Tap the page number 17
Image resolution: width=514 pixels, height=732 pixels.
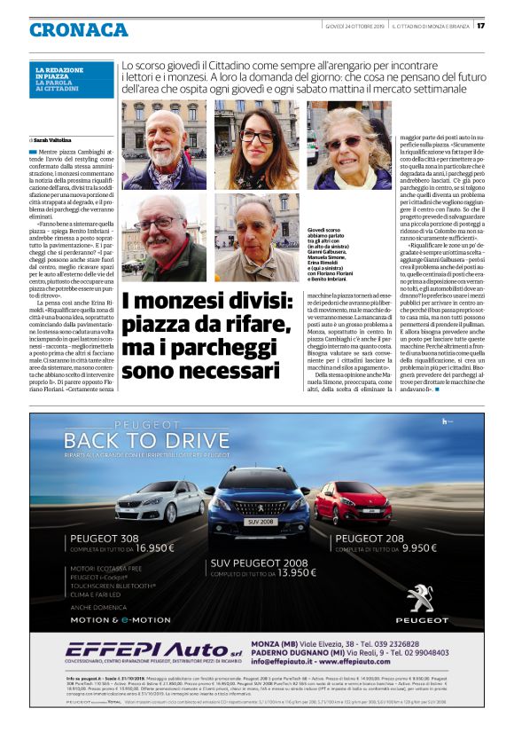[x=481, y=25]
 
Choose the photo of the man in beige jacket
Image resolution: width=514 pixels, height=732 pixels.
[x=255, y=238]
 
